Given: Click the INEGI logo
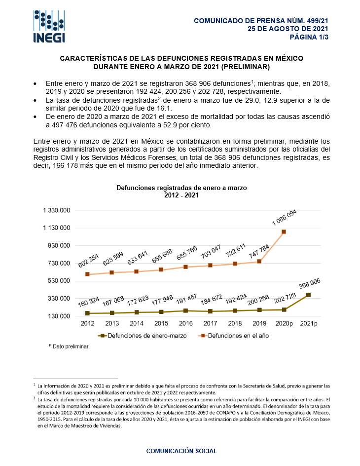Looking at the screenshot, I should [x=49, y=26].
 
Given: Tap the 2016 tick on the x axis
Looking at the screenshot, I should [x=185, y=323].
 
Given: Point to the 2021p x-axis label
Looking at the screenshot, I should [x=309, y=323].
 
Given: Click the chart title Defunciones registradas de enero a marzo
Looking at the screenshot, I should [x=181, y=188].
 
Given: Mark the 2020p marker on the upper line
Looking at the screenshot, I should [x=284, y=232].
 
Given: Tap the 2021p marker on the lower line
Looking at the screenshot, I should [x=309, y=295].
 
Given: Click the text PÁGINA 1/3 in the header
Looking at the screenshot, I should [x=309, y=37].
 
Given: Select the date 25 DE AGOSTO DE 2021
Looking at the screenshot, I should [x=288, y=29].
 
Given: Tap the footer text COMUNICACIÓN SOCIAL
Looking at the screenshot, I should [x=181, y=451].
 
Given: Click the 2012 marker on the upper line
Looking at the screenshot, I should [x=87, y=274].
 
